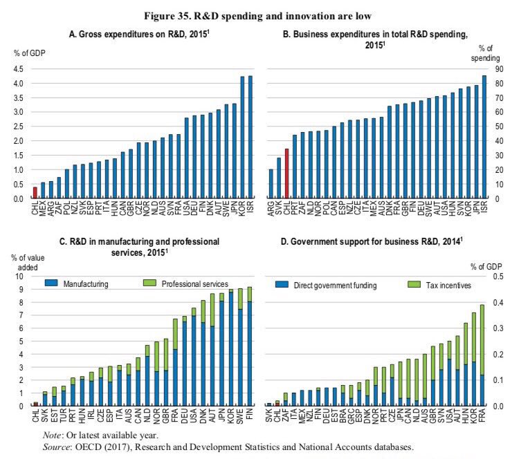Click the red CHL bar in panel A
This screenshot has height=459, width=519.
click(x=35, y=192)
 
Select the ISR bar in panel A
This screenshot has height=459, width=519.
click(x=249, y=137)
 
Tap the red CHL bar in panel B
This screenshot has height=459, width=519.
click(x=286, y=173)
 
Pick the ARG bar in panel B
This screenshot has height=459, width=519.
click(x=271, y=183)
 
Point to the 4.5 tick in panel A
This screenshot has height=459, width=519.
click(x=18, y=69)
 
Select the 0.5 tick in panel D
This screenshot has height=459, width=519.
click(x=496, y=277)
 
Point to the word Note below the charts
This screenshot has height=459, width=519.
click(x=56, y=436)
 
